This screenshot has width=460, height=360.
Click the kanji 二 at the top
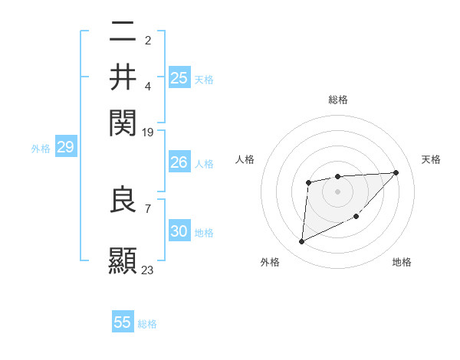123,32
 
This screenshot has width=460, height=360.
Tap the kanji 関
123,121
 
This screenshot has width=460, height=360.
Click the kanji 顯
123,260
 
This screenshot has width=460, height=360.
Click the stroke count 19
148,132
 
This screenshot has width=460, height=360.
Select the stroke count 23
148,270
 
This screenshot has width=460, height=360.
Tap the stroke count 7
147,208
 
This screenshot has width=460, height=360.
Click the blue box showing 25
179,77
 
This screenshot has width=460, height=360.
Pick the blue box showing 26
179,162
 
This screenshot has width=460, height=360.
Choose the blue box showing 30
179,231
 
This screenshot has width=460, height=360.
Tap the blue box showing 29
65,148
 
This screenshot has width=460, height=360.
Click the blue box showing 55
123,322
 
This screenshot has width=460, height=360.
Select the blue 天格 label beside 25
204,79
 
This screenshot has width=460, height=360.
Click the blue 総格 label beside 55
147,324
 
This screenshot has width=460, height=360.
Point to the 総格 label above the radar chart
337,100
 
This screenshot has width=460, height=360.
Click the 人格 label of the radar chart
245,159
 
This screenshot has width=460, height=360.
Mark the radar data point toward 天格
396,172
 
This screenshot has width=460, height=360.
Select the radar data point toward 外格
301,242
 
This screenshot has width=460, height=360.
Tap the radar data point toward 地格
356,217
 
